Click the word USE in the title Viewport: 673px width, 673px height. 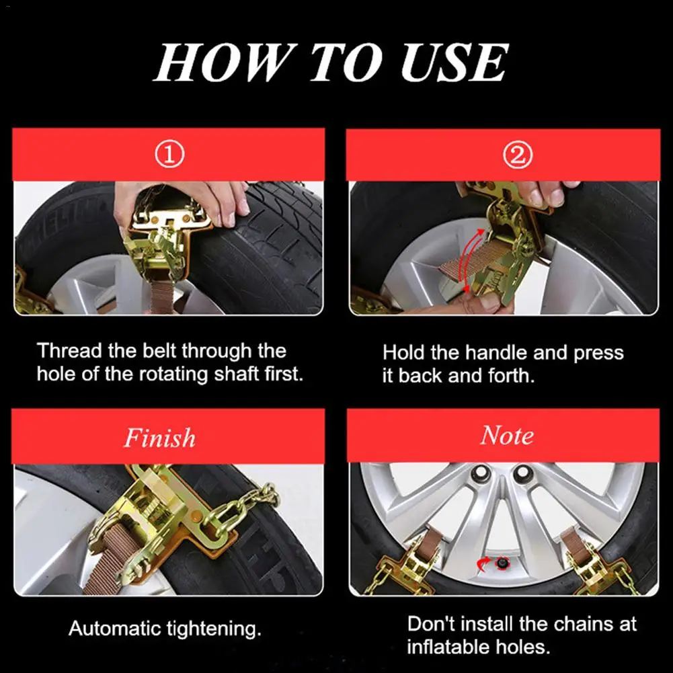pyautogui.click(x=454, y=63)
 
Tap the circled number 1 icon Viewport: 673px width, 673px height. pyautogui.click(x=169, y=155)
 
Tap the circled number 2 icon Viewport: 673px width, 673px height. pyautogui.click(x=518, y=155)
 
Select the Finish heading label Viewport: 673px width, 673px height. pyautogui.click(x=159, y=438)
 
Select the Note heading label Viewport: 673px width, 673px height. pyautogui.click(x=508, y=435)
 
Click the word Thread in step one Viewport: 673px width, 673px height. pyautogui.click(x=69, y=351)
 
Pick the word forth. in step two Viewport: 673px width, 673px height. pyautogui.click(x=512, y=376)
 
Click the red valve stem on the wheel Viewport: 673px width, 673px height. pyautogui.click(x=501, y=563)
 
